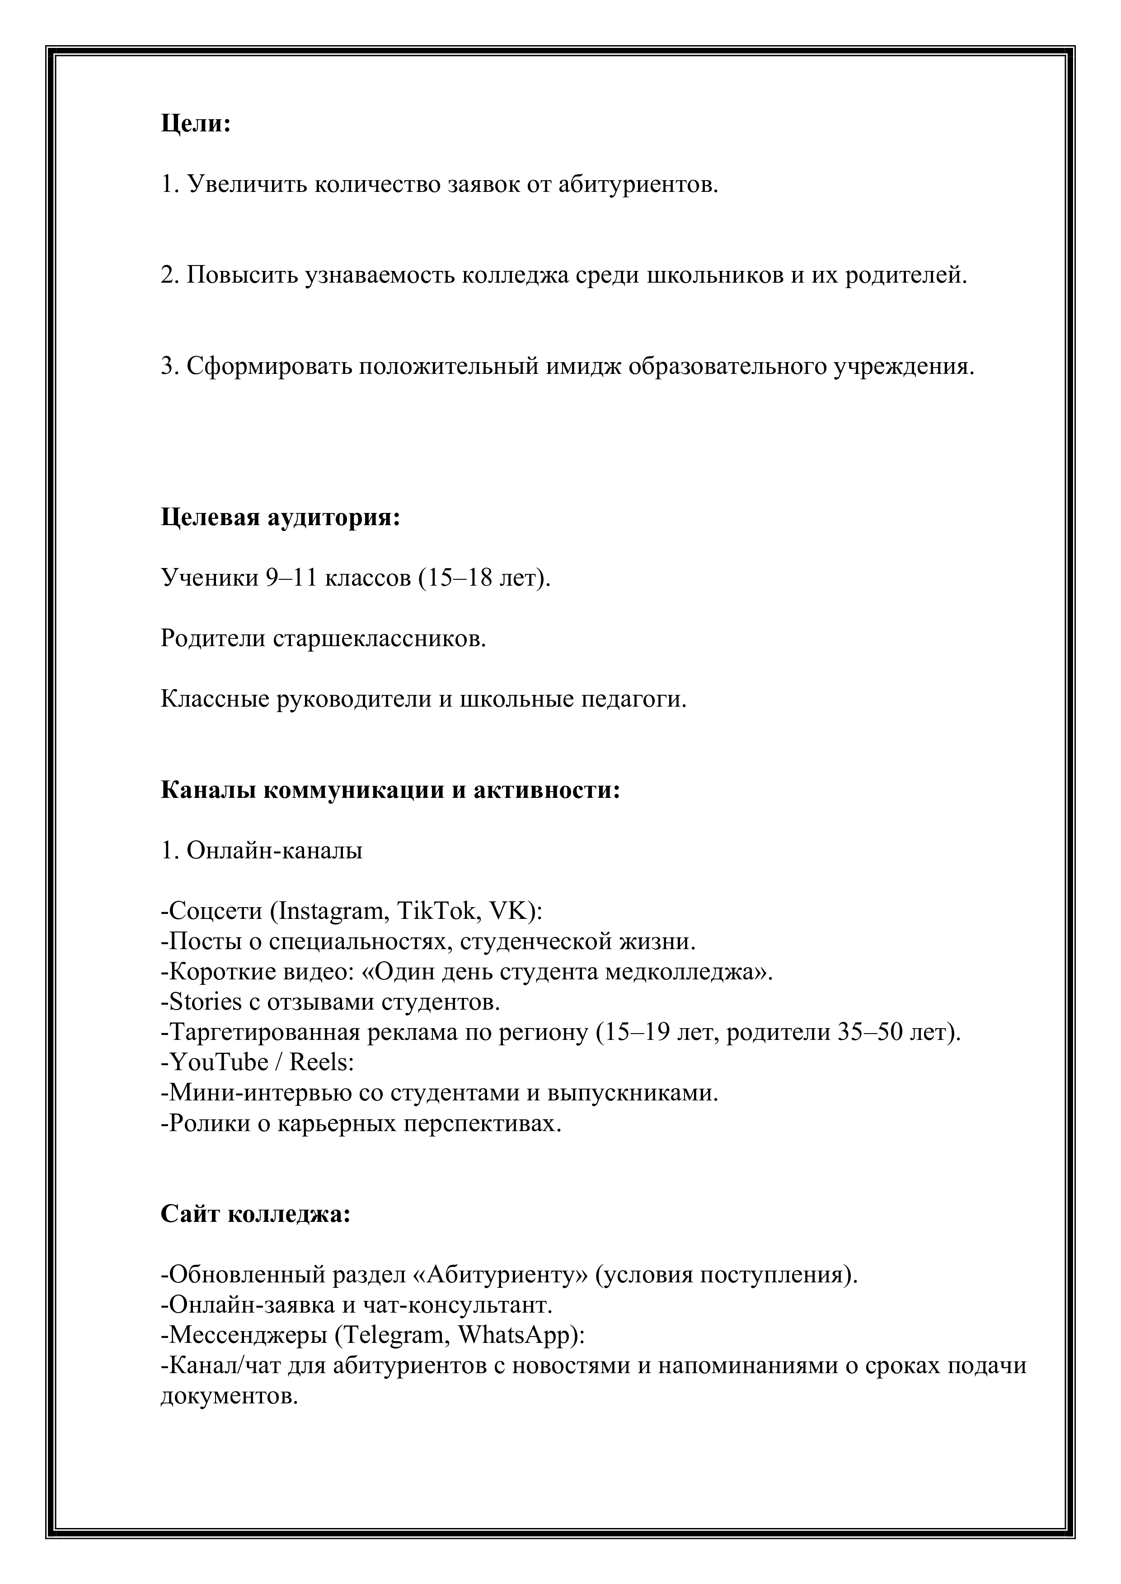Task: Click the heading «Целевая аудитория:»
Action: tap(280, 517)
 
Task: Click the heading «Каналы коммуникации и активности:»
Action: tap(390, 790)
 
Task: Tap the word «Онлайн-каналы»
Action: tap(275, 851)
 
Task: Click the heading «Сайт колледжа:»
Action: tap(255, 1214)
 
